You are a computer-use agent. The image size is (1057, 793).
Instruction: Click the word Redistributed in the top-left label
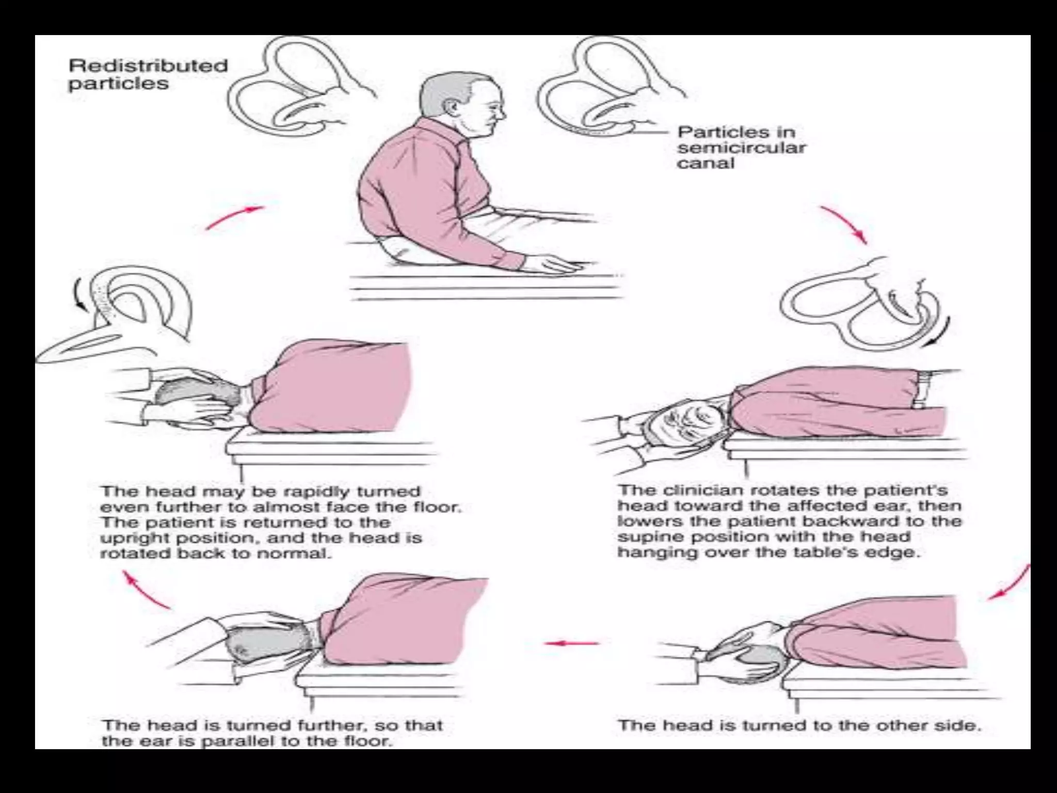pos(148,66)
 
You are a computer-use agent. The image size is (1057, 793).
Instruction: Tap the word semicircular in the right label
pos(741,148)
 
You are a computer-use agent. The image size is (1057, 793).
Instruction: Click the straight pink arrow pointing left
pos(572,643)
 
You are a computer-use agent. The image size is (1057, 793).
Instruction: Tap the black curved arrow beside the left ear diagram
pos(81,294)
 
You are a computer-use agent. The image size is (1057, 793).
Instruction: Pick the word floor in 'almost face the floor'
pos(438,507)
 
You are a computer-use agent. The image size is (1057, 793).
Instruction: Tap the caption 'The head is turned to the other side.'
pos(799,725)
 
